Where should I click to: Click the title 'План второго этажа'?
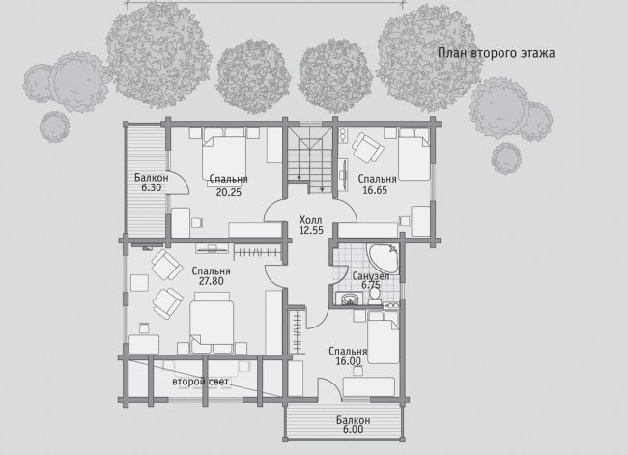pyautogui.click(x=496, y=53)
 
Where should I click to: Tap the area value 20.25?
pyautogui.click(x=229, y=192)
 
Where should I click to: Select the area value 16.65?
pyautogui.click(x=375, y=190)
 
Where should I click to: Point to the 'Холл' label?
pyautogui.click(x=311, y=220)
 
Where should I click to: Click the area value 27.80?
pyautogui.click(x=211, y=281)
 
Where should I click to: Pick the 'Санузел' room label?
pyautogui.click(x=370, y=276)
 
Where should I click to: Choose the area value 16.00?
pyautogui.click(x=348, y=361)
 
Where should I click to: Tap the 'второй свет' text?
pyautogui.click(x=200, y=382)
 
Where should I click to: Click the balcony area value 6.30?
pyautogui.click(x=151, y=187)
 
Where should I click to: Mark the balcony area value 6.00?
pyautogui.click(x=353, y=429)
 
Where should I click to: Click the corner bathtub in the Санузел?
pyautogui.click(x=383, y=259)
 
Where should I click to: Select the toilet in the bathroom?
pyautogui.click(x=375, y=295)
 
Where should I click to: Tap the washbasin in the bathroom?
pyautogui.click(x=349, y=299)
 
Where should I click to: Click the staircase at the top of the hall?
pyautogui.click(x=310, y=160)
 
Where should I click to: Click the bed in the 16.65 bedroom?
pyautogui.click(x=414, y=154)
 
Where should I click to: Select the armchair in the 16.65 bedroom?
pyautogui.click(x=368, y=148)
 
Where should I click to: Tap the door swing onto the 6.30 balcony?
pyautogui.click(x=178, y=185)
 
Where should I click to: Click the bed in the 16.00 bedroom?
pyautogui.click(x=384, y=337)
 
